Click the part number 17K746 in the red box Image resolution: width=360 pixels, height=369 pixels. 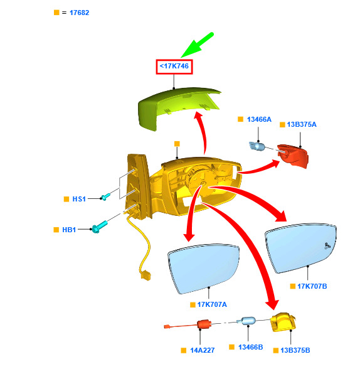point(174,66)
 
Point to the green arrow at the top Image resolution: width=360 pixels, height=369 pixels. point(198,45)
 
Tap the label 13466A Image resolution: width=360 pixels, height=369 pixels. point(259,119)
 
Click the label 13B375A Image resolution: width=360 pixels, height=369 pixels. point(302,124)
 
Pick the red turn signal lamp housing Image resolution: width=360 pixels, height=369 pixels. point(293,156)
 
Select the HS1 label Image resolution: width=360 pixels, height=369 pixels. point(79,199)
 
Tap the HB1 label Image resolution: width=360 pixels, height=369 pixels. point(69,230)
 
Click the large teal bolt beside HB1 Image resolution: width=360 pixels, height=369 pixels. point(100,227)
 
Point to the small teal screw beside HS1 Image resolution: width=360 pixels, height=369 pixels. point(105,197)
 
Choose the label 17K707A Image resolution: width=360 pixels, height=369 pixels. point(212,304)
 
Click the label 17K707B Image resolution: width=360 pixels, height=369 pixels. point(312,286)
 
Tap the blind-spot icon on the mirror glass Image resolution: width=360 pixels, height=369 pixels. point(327,246)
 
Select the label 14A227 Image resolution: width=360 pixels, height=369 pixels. point(202,350)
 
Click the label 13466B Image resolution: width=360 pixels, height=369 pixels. point(250,347)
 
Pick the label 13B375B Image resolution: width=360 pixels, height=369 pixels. point(295,350)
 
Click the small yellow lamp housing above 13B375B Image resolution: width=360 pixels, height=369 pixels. point(283,322)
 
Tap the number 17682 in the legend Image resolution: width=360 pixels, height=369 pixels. point(79,13)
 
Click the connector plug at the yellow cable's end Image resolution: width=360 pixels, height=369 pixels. point(146,275)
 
